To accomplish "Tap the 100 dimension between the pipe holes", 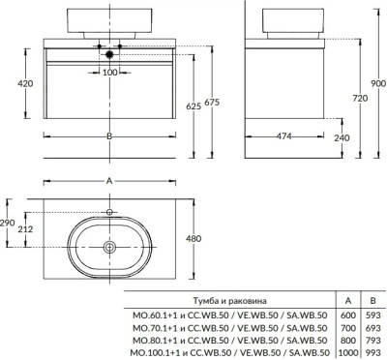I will pos(109,73).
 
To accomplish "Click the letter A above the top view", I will pos(109,180).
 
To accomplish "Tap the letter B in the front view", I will pos(109,136).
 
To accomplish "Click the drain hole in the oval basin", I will pos(109,248).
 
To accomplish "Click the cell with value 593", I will pos(370,315).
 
